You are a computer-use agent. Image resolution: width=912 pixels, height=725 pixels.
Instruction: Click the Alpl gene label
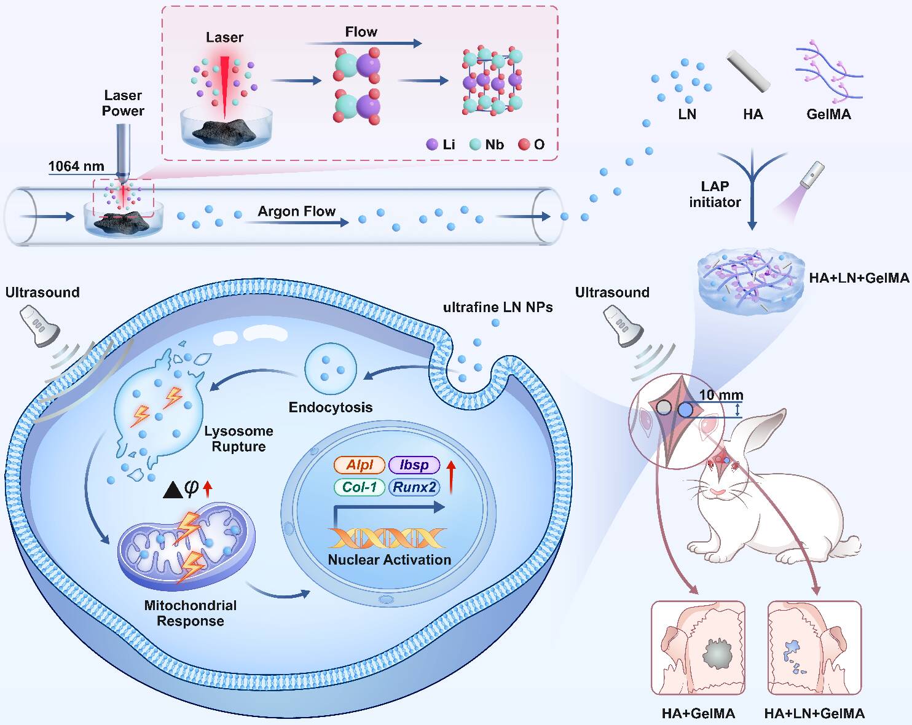tap(360, 465)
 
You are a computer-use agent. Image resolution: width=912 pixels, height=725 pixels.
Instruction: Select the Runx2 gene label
tap(414, 487)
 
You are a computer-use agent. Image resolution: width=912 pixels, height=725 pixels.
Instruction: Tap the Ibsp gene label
tap(414, 465)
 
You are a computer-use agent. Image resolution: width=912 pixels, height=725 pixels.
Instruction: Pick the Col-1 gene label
tap(360, 487)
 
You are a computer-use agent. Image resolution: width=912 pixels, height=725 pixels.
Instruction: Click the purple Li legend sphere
tap(432, 144)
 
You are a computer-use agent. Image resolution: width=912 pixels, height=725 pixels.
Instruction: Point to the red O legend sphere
tap(524, 144)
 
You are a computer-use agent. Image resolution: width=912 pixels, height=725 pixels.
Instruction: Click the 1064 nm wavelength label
tap(76, 166)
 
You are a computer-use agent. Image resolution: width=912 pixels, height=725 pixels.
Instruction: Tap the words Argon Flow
tap(297, 211)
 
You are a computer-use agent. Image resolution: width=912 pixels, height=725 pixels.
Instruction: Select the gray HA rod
tap(749, 71)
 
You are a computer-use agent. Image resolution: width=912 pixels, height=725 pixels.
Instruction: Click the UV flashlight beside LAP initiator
tap(812, 174)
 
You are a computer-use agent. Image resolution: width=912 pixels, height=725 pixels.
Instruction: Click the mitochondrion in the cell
tap(186, 547)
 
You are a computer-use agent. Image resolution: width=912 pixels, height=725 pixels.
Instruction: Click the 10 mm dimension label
tap(721, 395)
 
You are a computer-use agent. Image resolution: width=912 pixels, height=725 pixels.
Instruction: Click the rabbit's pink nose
tap(717, 492)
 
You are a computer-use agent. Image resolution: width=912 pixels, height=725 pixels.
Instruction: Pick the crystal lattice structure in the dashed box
tap(492, 80)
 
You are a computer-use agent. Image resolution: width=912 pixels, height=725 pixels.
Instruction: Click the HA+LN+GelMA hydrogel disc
tap(751, 283)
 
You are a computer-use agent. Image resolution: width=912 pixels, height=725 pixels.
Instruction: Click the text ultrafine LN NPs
tap(498, 307)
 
